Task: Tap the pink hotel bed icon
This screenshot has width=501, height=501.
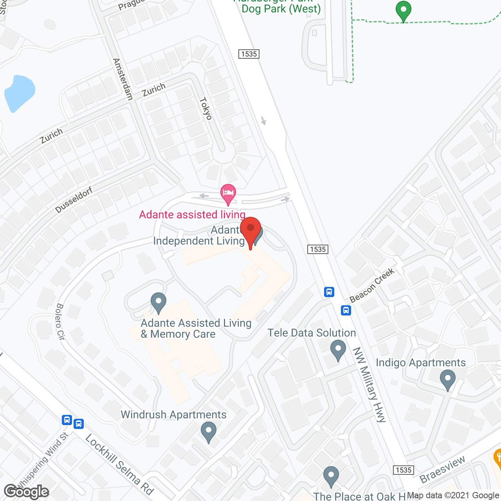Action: click(228, 193)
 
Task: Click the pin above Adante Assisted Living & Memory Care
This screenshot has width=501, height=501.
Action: click(159, 302)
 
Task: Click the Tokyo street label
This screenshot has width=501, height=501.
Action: click(206, 108)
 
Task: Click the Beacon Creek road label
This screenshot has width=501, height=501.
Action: click(372, 285)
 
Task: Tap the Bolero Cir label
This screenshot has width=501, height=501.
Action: click(60, 321)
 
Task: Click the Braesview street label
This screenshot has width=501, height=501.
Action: click(442, 469)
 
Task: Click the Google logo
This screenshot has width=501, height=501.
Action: click(27, 492)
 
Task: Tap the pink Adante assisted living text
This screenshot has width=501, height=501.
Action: click(192, 214)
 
